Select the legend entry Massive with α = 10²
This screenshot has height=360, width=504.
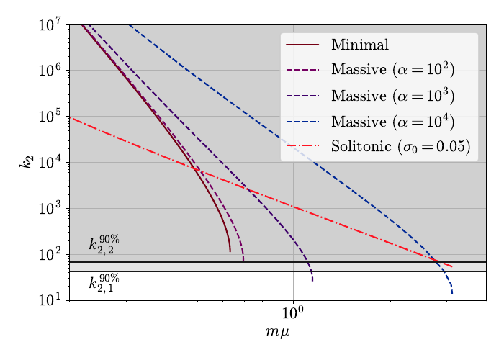coord(392,70)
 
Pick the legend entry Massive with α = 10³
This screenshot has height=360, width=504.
coord(392,95)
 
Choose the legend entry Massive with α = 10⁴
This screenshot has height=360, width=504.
coord(392,121)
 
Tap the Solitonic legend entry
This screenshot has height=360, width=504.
coord(400,147)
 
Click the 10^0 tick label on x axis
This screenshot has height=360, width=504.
coord(293,314)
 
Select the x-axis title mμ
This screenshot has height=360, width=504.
coord(277,332)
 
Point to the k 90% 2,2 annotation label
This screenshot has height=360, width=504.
coord(102,244)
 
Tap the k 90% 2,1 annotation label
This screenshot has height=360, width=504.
coord(102,283)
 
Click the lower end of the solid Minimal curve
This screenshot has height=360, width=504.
coord(230,251)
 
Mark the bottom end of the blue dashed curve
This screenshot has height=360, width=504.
coord(451,294)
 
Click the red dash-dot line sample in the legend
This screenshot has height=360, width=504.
coord(302,147)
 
